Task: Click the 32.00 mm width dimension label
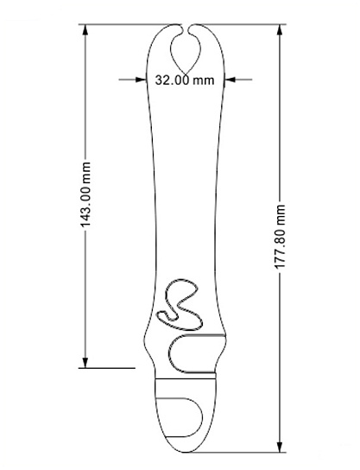click(x=185, y=80)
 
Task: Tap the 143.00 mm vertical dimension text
click(x=85, y=194)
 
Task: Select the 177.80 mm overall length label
click(x=280, y=237)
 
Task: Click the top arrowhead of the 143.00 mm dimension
click(x=85, y=30)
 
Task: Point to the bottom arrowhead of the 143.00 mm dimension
click(x=85, y=361)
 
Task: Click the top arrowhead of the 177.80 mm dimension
click(x=280, y=30)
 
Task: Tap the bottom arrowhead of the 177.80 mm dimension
click(x=280, y=447)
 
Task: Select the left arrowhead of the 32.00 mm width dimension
click(x=141, y=79)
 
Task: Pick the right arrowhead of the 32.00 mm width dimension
click(x=231, y=79)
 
